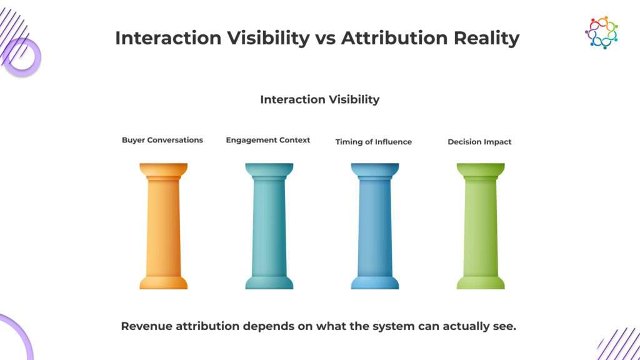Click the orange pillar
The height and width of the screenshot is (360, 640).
[163, 226]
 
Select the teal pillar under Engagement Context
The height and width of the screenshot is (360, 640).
[269, 226]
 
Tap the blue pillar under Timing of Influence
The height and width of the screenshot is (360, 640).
[375, 226]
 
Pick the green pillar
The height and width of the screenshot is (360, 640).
[481, 226]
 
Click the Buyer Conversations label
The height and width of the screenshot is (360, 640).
[162, 140]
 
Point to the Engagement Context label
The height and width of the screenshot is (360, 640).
[268, 141]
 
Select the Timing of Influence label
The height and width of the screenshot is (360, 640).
[374, 142]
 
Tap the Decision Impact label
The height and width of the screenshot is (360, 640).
[479, 142]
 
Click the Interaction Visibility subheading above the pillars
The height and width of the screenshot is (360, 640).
[320, 99]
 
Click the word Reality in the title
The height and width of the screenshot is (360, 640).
[486, 38]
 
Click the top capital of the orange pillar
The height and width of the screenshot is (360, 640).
[163, 171]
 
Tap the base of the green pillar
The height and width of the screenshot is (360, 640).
[481, 282]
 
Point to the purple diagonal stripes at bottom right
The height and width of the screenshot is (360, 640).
[619, 344]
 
